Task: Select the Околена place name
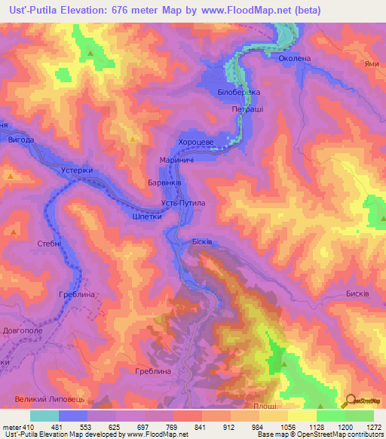pos(294,57)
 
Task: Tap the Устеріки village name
pos(76,170)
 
